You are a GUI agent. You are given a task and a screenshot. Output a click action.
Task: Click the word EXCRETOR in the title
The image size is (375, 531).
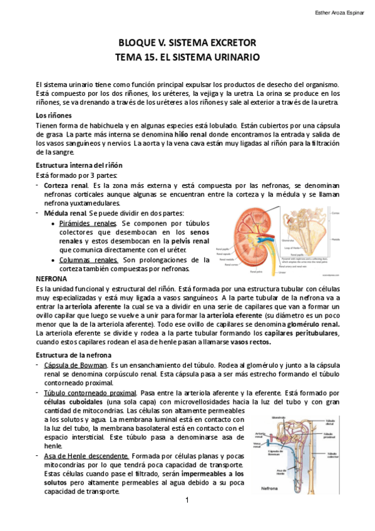[x=229, y=43]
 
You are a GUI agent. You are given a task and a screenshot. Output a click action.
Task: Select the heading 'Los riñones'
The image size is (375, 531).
[x=53, y=116]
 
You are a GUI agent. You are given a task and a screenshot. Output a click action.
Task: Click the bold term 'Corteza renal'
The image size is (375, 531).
[x=66, y=186]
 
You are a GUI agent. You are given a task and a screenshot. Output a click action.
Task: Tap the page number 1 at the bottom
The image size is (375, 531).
[x=187, y=500]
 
